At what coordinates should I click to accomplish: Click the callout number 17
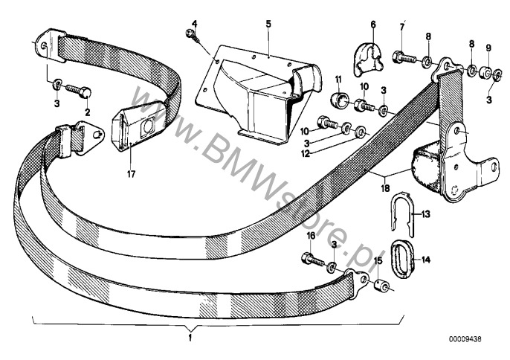[x=131, y=175]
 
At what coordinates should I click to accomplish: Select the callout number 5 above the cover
[x=268, y=24]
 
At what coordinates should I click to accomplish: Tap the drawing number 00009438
[x=465, y=339]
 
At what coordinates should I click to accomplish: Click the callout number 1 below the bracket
[x=190, y=338]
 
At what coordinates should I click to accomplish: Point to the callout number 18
[x=385, y=188]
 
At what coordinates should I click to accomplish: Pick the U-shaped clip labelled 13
[x=403, y=215]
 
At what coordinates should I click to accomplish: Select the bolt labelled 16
[x=314, y=259]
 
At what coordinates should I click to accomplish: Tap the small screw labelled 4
[x=193, y=36]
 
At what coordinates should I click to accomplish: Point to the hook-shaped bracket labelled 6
[x=367, y=60]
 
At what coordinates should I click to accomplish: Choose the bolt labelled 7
[x=404, y=58]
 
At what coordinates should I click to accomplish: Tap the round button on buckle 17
[x=147, y=126]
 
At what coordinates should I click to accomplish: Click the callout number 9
[x=488, y=48]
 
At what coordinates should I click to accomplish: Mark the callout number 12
[x=306, y=154]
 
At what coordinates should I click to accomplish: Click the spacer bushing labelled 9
[x=485, y=73]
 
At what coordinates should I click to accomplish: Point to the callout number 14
[x=426, y=260]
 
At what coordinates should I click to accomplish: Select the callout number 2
[x=87, y=112]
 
